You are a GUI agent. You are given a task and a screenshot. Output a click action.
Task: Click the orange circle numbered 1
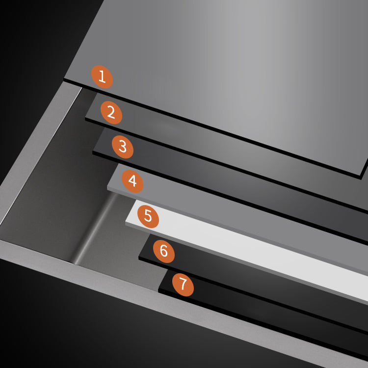[x=102, y=77]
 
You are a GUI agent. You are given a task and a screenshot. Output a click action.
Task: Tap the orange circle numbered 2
[x=111, y=112]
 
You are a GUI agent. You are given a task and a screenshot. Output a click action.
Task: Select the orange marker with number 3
[x=122, y=146]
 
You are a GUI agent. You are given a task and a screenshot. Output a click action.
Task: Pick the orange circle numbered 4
[x=132, y=181]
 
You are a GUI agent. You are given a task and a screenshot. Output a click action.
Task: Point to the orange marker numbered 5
[x=148, y=216]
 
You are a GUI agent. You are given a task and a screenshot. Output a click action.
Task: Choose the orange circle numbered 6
[x=164, y=251]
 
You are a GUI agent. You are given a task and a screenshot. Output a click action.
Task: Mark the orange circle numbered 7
[x=183, y=285]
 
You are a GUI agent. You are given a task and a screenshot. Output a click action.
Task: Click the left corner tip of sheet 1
[x=65, y=78]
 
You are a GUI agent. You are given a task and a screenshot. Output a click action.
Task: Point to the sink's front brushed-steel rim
[x=98, y=285]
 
